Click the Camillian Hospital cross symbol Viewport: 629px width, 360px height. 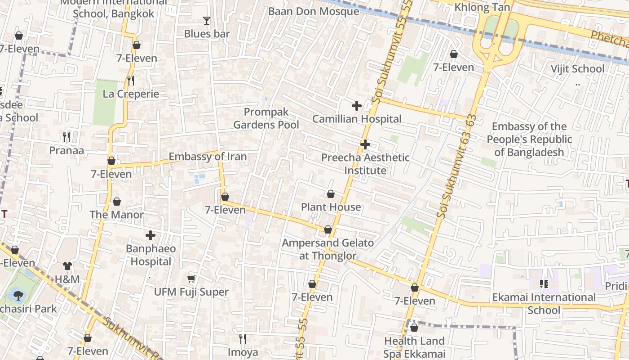tap(356, 106)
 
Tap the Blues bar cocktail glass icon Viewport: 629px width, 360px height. tap(206, 20)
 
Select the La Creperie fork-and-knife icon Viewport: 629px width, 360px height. tap(131, 81)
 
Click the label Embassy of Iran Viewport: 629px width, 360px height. tap(208, 157)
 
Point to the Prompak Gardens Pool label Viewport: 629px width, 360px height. tap(266, 118)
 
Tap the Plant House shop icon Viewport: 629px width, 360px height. tap(331, 194)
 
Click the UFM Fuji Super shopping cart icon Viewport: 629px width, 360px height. tap(191, 279)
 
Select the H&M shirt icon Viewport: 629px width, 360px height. tap(67, 266)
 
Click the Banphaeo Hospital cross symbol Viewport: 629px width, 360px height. tap(151, 235)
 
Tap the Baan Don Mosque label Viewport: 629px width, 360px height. tap(314, 11)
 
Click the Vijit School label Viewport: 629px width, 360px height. tap(577, 69)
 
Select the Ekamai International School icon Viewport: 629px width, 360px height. tap(544, 284)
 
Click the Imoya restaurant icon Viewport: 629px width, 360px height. tap(243, 339)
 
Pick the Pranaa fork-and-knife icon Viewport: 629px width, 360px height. tap(66, 137)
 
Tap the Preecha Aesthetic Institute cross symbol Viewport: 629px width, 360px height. tap(365, 144)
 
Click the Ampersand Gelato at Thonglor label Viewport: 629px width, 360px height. tap(328, 249)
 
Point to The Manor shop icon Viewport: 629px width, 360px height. tap(117, 202)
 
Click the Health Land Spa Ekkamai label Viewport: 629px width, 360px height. tap(414, 347)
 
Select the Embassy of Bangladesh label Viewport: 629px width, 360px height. tap(529, 139)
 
